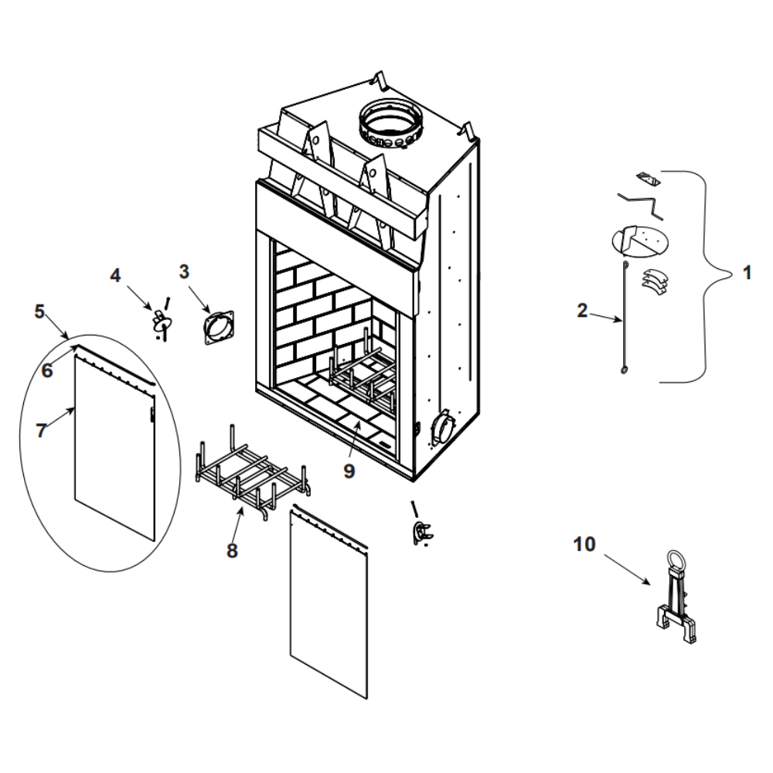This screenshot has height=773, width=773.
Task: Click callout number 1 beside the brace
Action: (x=746, y=273)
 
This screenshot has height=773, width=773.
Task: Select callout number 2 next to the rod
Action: (x=582, y=311)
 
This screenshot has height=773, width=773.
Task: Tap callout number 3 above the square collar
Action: (x=184, y=271)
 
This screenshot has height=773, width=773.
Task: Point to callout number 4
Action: (x=115, y=274)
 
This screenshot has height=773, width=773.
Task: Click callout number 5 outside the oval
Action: (x=39, y=312)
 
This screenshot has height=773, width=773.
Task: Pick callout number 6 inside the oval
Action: (x=47, y=370)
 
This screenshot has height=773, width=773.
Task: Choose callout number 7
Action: (x=41, y=431)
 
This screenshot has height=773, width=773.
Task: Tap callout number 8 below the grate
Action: (x=232, y=550)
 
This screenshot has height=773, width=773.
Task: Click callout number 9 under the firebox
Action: (x=349, y=470)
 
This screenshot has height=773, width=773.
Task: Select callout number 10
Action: (x=584, y=544)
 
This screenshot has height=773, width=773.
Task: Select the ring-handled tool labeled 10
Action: (x=678, y=599)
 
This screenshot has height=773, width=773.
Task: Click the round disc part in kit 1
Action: (x=638, y=241)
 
